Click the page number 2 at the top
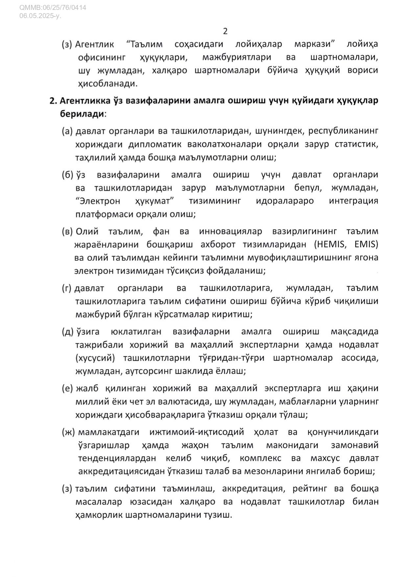tap(225, 31)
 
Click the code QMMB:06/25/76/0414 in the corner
tap(53, 7)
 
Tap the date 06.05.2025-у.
tap(40, 15)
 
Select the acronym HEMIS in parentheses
tap(332, 244)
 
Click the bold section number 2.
tap(53, 101)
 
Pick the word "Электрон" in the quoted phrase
tap(98, 201)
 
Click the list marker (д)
tap(68, 331)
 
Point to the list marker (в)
tap(67, 231)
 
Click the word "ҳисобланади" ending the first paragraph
tap(108, 84)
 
